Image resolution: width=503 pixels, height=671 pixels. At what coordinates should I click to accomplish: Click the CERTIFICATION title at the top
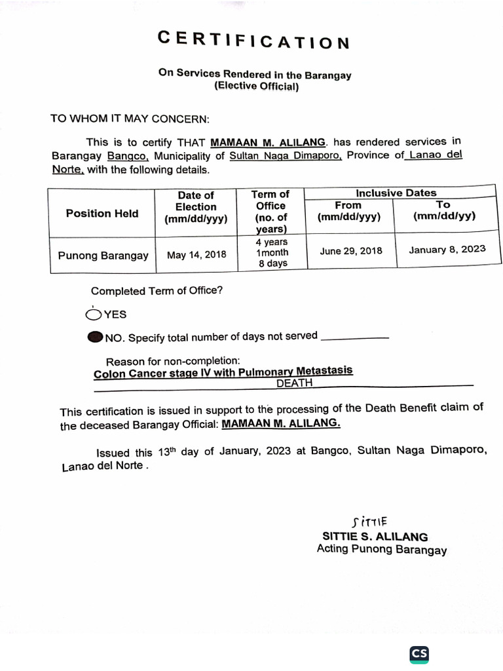point(254,41)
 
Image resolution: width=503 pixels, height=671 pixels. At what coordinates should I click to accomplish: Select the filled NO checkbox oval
point(95,337)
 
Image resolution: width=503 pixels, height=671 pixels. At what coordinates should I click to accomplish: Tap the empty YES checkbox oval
point(94,315)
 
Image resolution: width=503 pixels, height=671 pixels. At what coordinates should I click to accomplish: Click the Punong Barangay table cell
point(103,256)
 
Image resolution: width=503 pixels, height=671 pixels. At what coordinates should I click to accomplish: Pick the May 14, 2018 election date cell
point(196,255)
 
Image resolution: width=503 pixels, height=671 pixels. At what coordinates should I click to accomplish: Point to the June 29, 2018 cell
point(351,251)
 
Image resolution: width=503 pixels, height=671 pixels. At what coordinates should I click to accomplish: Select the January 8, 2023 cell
point(447,250)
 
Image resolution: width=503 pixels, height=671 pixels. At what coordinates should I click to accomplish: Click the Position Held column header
point(102,213)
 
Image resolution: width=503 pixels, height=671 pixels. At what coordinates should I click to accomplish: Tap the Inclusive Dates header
point(396,193)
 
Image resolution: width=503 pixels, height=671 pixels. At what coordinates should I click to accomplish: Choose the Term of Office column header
point(271,211)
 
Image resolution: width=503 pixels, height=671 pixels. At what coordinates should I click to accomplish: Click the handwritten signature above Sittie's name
point(369,522)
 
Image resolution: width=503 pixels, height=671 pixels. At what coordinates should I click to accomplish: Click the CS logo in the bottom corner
point(419,653)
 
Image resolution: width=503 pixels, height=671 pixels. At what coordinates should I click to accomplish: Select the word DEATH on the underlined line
point(294,383)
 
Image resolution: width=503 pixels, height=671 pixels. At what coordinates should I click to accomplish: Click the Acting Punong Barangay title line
point(381,550)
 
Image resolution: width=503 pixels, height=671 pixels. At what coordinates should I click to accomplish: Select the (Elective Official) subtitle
point(256,86)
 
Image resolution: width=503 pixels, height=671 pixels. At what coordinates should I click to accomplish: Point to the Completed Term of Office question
point(157,291)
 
